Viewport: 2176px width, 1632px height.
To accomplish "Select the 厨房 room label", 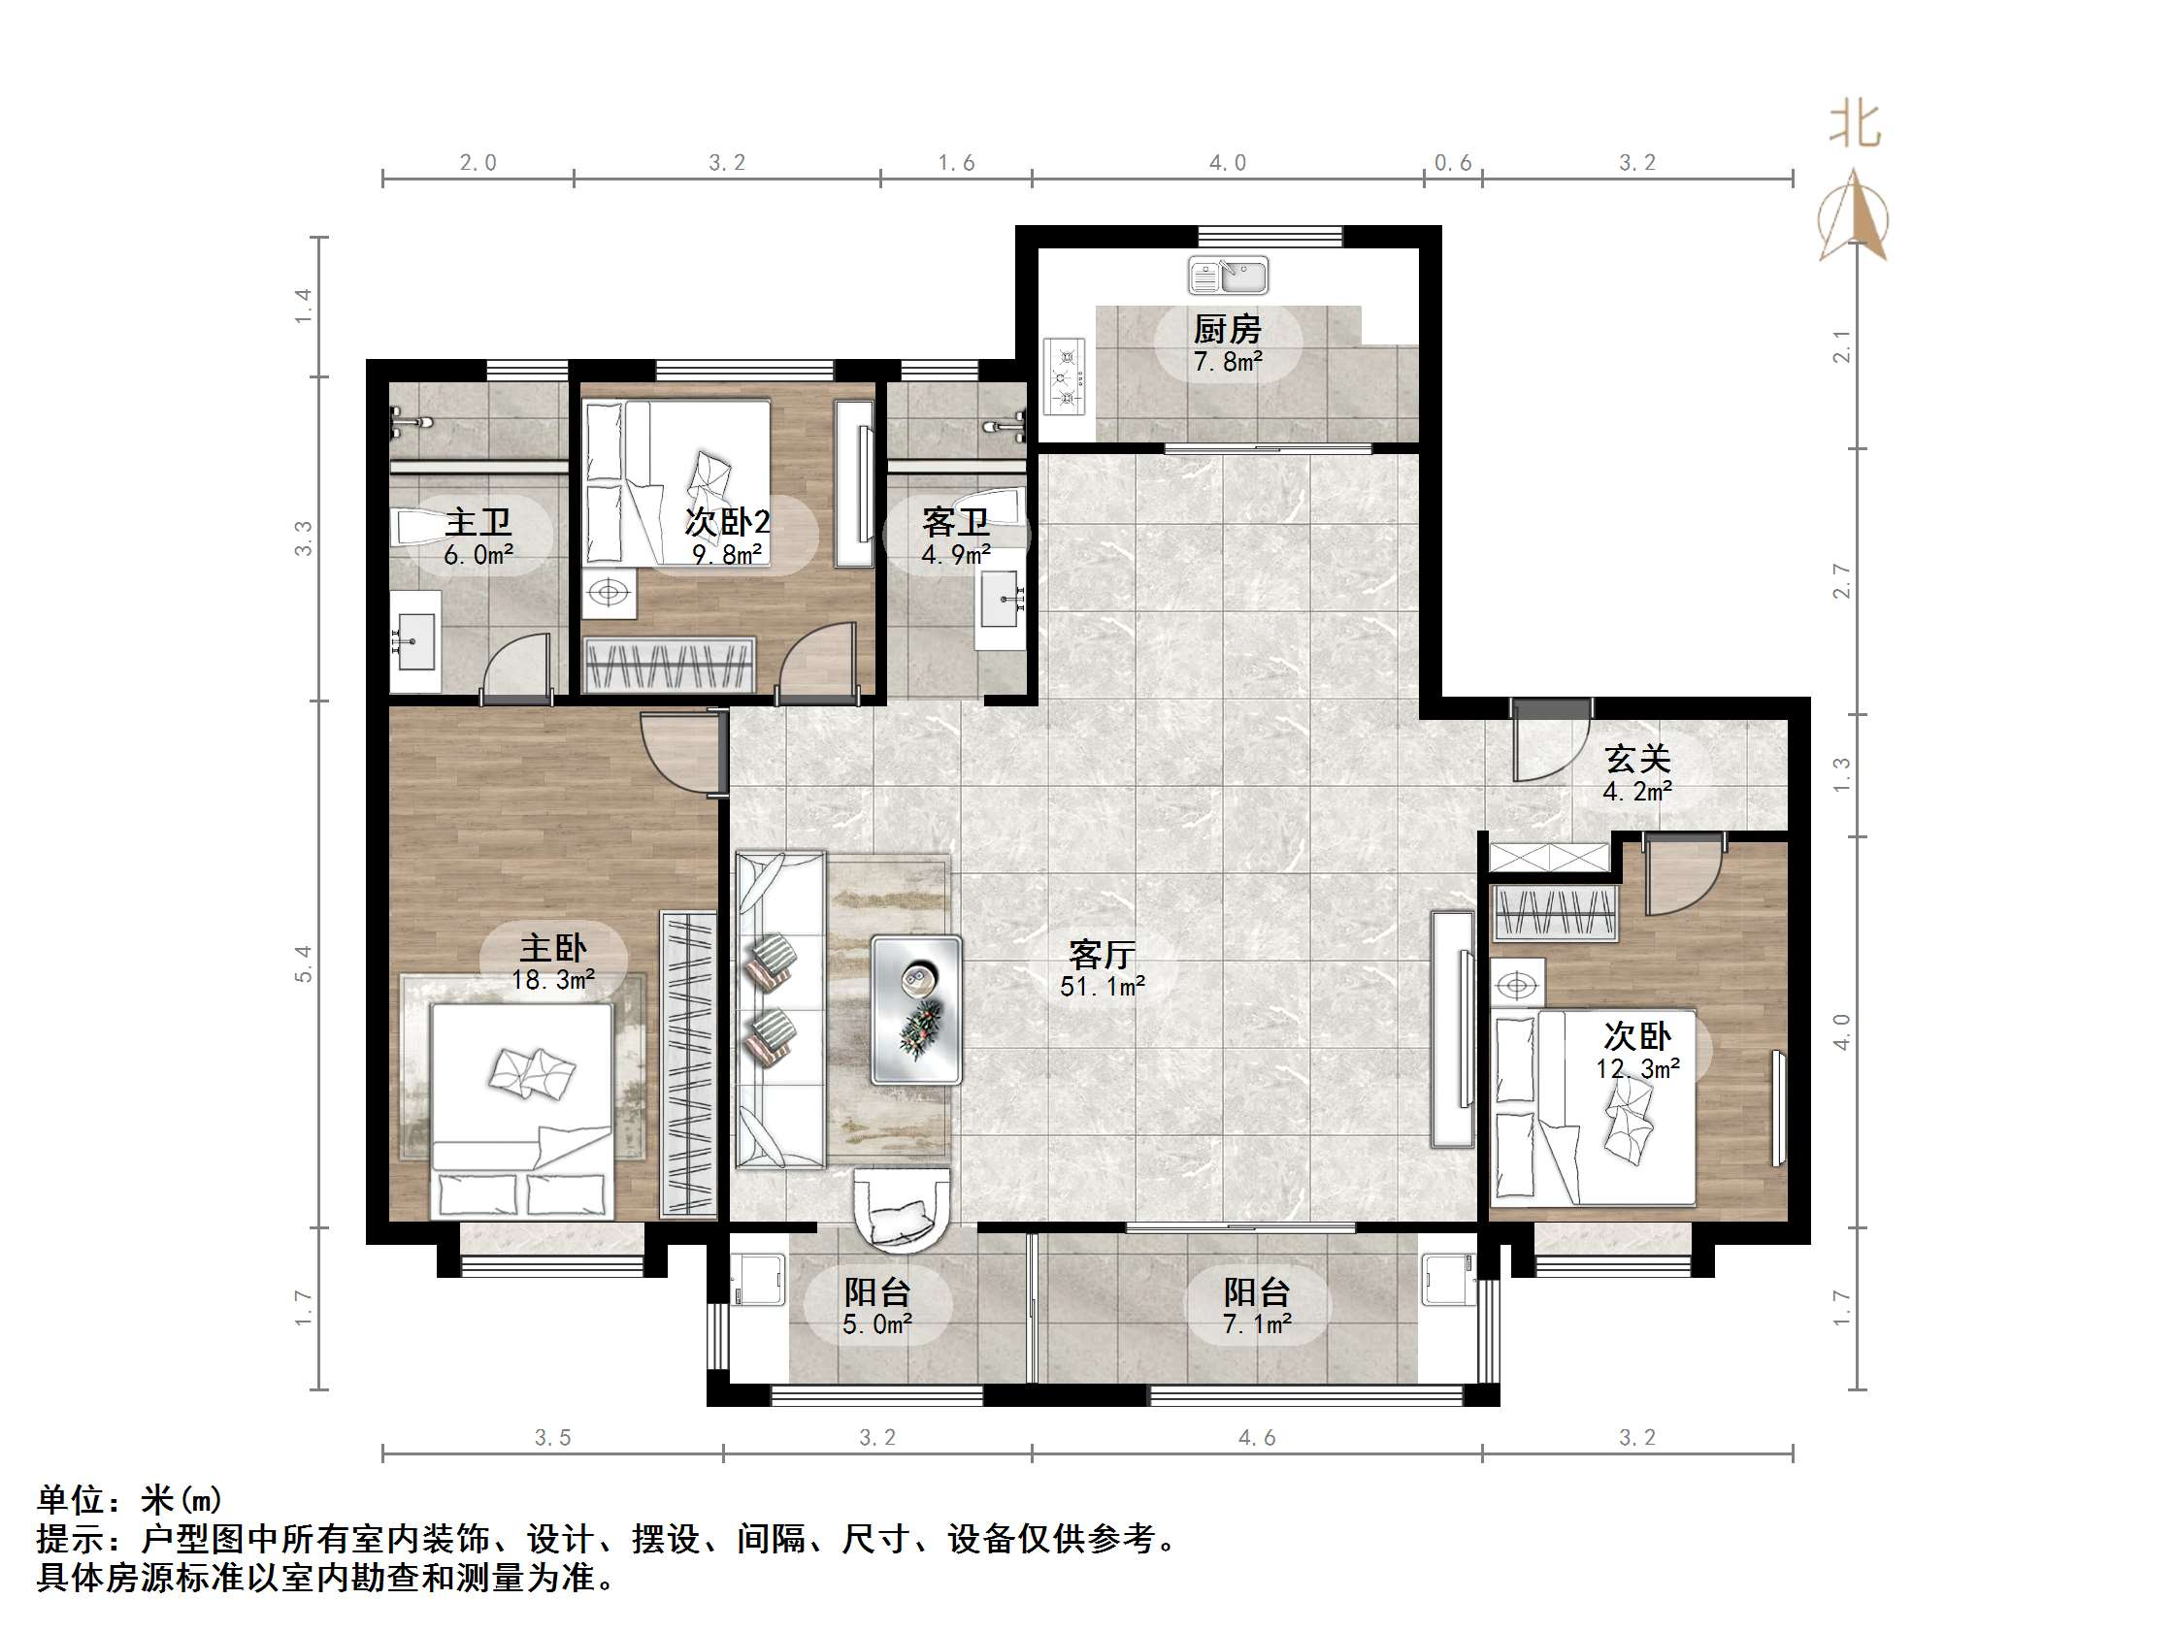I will pos(1228,329).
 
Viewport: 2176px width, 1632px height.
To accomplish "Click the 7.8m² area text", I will pos(1228,362).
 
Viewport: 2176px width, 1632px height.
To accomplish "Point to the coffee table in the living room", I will pos(916,1009).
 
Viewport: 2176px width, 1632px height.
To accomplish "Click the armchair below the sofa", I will pos(901,1210).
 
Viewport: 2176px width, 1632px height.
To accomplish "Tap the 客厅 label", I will pos(1102,953).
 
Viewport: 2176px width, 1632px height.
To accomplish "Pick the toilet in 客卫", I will pos(996,507).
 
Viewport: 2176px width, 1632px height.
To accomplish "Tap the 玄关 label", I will pos(1638,759).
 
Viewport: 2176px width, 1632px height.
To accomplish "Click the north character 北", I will pos(1855,126).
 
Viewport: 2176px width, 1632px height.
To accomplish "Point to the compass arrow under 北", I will pos(1854,216).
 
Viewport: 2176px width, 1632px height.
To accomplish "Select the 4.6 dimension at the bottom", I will pos(1256,1437).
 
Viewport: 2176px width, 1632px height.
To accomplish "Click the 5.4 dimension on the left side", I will pos(303,963).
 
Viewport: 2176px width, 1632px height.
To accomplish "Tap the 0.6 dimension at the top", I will pos(1452,163).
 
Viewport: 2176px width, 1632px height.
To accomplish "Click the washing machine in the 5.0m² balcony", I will pos(758,1279).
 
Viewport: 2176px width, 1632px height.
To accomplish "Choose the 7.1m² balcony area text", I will pos(1257,1324).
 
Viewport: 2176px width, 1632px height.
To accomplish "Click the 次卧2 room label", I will pos(727,521).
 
